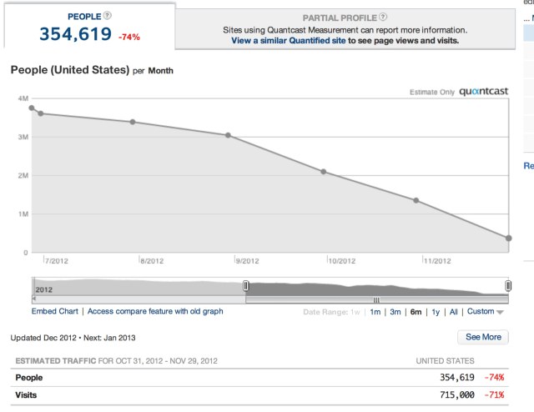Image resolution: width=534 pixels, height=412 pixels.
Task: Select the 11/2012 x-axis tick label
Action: (438, 261)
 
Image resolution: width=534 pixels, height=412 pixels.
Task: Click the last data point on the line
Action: (508, 239)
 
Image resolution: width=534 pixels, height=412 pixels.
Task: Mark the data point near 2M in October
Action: (323, 172)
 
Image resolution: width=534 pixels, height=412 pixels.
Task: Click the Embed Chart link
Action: (55, 311)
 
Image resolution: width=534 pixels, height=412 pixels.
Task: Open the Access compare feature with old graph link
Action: (155, 311)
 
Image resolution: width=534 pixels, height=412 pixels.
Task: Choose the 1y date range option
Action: (435, 312)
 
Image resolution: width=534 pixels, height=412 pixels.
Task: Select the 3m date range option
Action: (395, 312)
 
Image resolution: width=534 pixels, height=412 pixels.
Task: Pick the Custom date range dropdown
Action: (485, 312)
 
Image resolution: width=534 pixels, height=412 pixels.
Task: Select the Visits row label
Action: (27, 394)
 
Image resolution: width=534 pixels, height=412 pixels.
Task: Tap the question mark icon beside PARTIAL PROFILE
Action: (383, 17)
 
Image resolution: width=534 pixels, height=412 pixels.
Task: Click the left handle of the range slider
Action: (245, 286)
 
